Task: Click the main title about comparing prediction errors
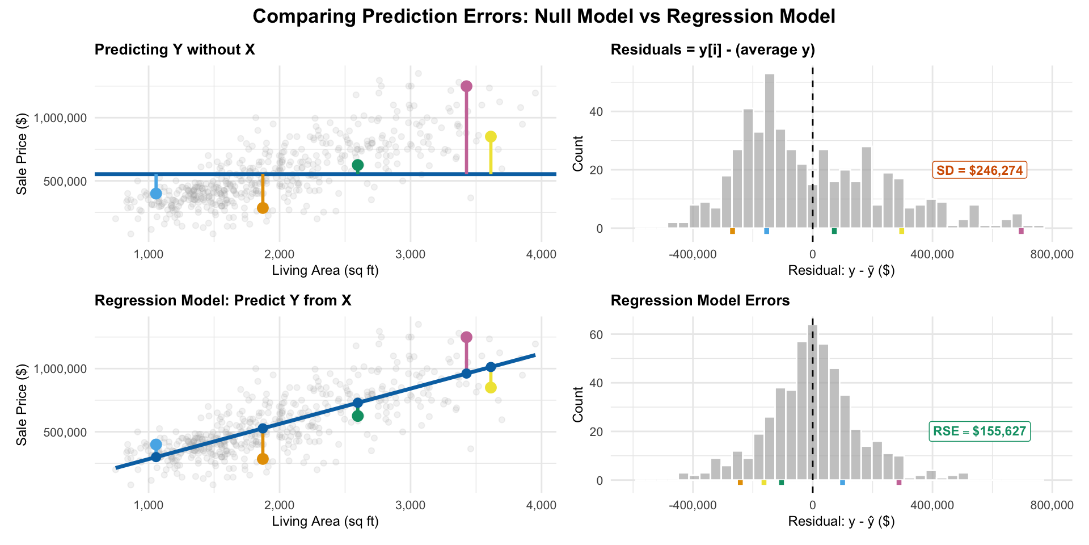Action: [x=543, y=16]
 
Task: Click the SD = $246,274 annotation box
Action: [x=980, y=170]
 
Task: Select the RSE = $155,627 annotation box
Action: [x=980, y=431]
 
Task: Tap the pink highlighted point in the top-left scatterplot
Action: [x=466, y=86]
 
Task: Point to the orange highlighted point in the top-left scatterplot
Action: [x=263, y=208]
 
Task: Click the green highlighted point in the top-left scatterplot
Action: [x=357, y=165]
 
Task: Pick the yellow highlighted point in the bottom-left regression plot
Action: [x=491, y=388]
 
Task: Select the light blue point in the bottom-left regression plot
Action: [x=156, y=445]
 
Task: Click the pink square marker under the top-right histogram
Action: [x=1021, y=231]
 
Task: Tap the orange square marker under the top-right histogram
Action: [x=732, y=231]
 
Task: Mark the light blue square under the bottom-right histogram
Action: [x=842, y=483]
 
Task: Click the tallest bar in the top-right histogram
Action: [x=770, y=151]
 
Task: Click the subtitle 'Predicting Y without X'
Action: [x=175, y=50]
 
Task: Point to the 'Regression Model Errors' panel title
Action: [x=700, y=301]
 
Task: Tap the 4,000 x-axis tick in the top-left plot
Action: [x=541, y=255]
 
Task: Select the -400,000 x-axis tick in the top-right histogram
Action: [x=693, y=255]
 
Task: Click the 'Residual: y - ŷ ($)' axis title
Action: [x=841, y=521]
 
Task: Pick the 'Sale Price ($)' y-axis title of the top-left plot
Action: [x=22, y=157]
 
